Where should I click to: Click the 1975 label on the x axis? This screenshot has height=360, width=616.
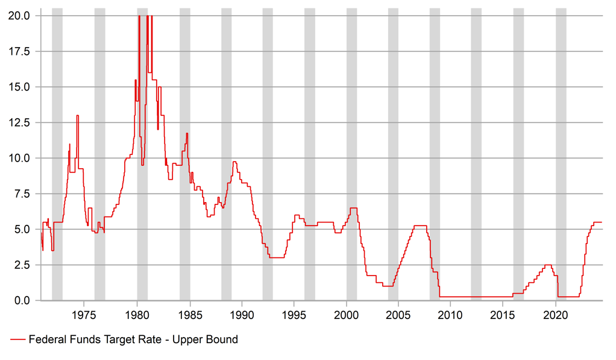84,315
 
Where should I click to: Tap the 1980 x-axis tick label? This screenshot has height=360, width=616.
137,315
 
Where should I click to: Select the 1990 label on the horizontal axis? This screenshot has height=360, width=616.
242,315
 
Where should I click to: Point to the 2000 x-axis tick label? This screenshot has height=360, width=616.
347,315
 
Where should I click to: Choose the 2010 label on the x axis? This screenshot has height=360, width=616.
451,315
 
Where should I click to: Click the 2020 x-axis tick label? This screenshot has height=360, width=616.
556,315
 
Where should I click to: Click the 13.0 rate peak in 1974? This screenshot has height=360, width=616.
77,116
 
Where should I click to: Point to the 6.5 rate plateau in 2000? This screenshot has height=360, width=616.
353,208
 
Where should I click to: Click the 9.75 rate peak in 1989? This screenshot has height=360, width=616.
234,162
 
